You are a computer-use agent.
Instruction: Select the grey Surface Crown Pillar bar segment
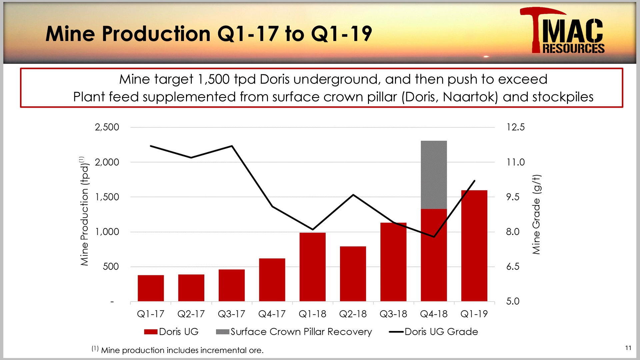pyautogui.click(x=434, y=175)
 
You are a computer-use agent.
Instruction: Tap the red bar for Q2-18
pyautogui.click(x=353, y=274)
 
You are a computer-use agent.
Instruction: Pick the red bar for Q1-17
pyautogui.click(x=151, y=288)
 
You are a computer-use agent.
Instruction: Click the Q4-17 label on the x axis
pyautogui.click(x=272, y=314)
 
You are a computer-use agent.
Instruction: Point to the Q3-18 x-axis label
pyautogui.click(x=393, y=314)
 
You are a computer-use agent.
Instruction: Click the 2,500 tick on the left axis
pyautogui.click(x=107, y=127)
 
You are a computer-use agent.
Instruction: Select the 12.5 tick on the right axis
pyautogui.click(x=515, y=127)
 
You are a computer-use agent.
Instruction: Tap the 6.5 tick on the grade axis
pyautogui.click(x=513, y=266)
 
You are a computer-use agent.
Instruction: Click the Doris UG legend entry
pyautogui.click(x=171, y=332)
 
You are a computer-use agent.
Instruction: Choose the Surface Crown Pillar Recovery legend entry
pyautogui.click(x=294, y=332)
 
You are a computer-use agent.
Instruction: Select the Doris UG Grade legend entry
pyautogui.click(x=434, y=332)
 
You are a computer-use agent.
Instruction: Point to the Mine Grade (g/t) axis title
pyautogui.click(x=536, y=214)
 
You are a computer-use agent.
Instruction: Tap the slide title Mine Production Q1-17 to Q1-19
pyautogui.click(x=209, y=34)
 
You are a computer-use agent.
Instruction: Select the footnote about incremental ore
pyautogui.click(x=178, y=350)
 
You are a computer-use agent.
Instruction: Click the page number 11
pyautogui.click(x=628, y=348)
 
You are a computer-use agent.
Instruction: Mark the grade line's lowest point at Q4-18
pyautogui.click(x=434, y=237)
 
